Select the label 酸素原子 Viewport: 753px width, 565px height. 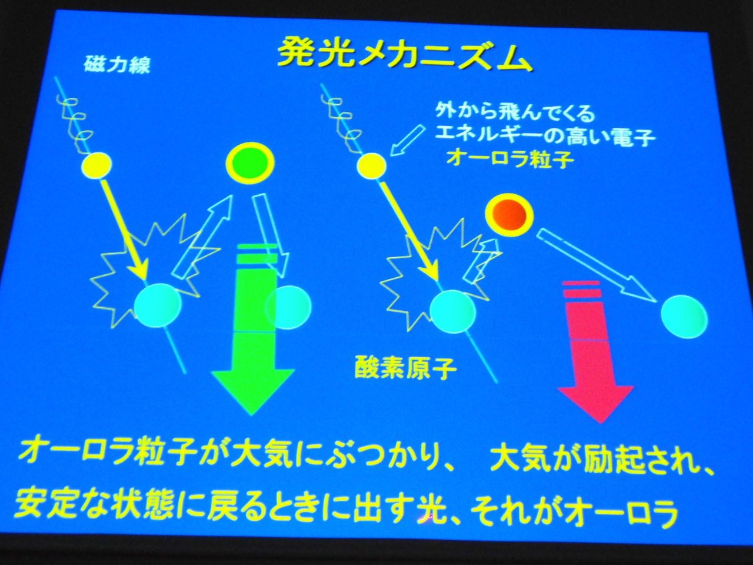(405, 368)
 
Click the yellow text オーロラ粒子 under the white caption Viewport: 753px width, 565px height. (510, 158)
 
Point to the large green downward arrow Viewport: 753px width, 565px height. (254, 330)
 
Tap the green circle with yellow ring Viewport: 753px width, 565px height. (250, 162)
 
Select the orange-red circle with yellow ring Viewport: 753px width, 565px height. (509, 215)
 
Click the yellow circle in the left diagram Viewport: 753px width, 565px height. (96, 166)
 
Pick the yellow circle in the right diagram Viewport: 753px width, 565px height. (372, 166)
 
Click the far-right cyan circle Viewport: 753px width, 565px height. (684, 317)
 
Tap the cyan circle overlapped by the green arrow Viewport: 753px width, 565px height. (288, 307)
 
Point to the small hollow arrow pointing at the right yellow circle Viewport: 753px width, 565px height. (408, 141)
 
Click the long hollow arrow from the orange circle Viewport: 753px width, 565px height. (597, 266)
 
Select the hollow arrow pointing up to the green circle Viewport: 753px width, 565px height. (203, 237)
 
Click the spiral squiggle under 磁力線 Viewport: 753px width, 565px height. (76, 123)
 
